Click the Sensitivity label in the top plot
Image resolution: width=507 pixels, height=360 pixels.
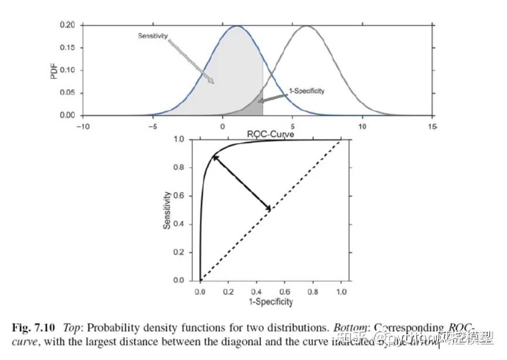click(x=152, y=36)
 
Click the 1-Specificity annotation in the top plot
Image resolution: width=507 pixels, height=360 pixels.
click(x=306, y=91)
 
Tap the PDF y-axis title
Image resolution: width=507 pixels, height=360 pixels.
click(x=55, y=70)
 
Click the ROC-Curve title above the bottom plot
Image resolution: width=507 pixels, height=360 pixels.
click(x=270, y=134)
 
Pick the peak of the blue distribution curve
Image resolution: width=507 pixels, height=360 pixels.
click(x=236, y=26)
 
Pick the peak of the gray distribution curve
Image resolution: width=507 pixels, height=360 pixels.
click(x=306, y=26)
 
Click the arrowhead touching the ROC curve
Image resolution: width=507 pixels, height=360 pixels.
click(x=215, y=157)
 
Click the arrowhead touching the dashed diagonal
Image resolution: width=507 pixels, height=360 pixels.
click(x=268, y=208)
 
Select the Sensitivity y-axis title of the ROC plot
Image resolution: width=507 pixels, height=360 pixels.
click(x=167, y=210)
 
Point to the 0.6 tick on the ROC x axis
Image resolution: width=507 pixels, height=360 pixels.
click(x=285, y=291)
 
